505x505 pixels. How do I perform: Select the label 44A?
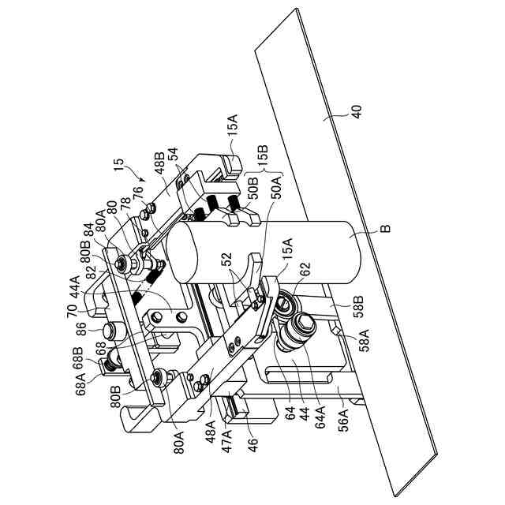77,282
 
